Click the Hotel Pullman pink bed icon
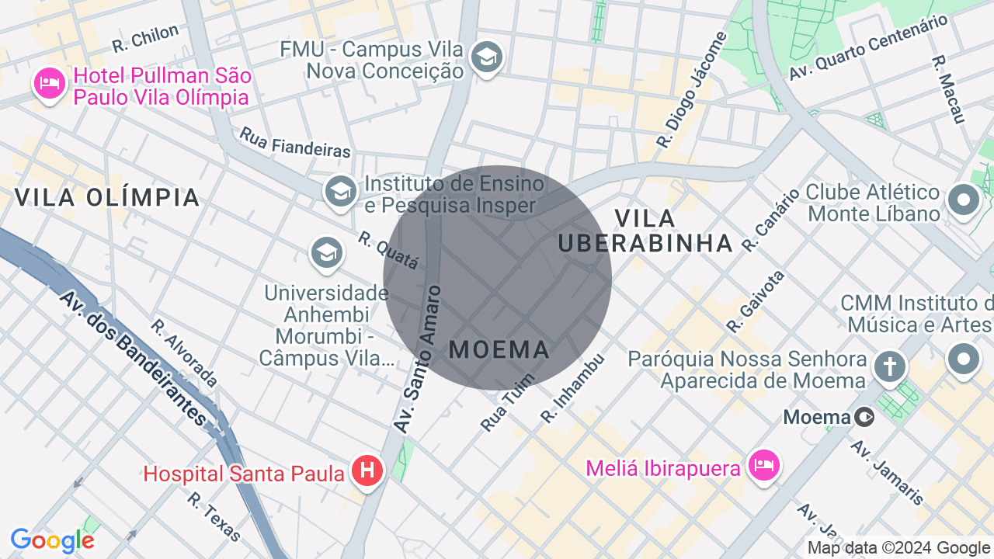50,84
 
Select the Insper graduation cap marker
339,190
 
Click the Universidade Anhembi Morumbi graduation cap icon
327,252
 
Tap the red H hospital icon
367,470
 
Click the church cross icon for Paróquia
890,366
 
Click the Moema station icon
864,418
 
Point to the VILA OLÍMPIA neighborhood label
107,197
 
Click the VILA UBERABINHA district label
645,231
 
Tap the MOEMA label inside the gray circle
499,349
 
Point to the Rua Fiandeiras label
295,143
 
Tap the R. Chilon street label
145,38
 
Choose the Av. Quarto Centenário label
868,47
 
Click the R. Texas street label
214,516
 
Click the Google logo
52,540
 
